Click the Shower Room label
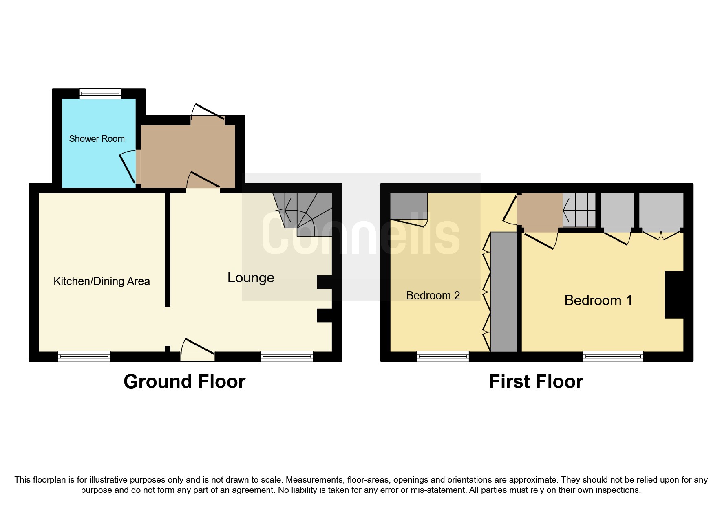click(x=97, y=139)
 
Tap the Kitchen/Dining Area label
click(x=102, y=281)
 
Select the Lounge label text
click(x=251, y=278)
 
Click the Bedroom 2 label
click(x=433, y=296)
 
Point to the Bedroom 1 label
click(x=598, y=301)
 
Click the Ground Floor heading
click(x=184, y=382)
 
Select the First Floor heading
click(x=536, y=382)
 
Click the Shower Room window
click(x=100, y=94)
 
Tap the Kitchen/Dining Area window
click(x=84, y=357)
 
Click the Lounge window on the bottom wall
click(x=287, y=357)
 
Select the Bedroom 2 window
click(x=443, y=357)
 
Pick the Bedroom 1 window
click(x=613, y=357)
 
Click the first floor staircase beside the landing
click(x=579, y=210)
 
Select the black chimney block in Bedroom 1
click(x=674, y=295)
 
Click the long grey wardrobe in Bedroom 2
click(x=503, y=292)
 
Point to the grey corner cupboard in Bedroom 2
click(x=409, y=206)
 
